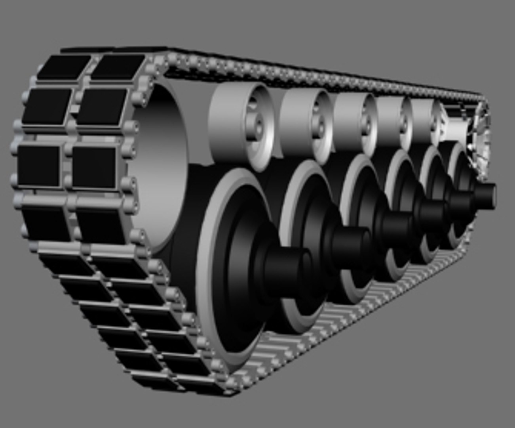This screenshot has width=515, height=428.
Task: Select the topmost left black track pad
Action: [x=63, y=65]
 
